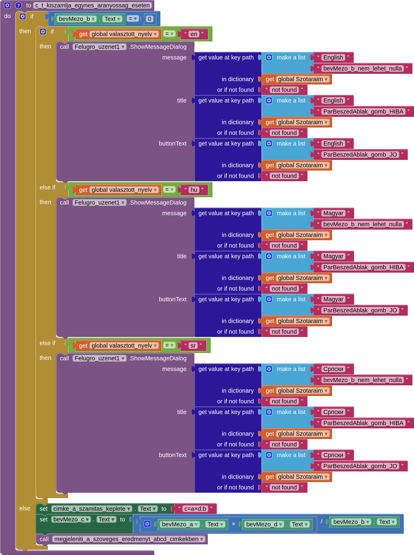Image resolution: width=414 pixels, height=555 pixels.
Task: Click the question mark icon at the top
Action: click(x=18, y=5)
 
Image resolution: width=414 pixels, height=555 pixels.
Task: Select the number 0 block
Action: click(x=149, y=19)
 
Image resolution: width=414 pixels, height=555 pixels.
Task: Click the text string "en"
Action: click(x=194, y=34)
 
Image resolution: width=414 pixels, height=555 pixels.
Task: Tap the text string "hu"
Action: click(x=194, y=190)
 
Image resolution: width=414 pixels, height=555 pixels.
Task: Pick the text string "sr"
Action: click(x=193, y=346)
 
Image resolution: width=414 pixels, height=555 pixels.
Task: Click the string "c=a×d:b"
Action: click(x=195, y=509)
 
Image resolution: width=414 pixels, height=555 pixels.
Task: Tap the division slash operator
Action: click(x=321, y=522)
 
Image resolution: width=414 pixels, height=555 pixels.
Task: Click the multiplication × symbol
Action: click(x=233, y=524)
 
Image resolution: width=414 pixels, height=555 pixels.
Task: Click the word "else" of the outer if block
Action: click(x=25, y=508)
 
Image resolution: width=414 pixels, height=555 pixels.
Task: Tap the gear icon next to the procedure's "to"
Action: click(x=8, y=5)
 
